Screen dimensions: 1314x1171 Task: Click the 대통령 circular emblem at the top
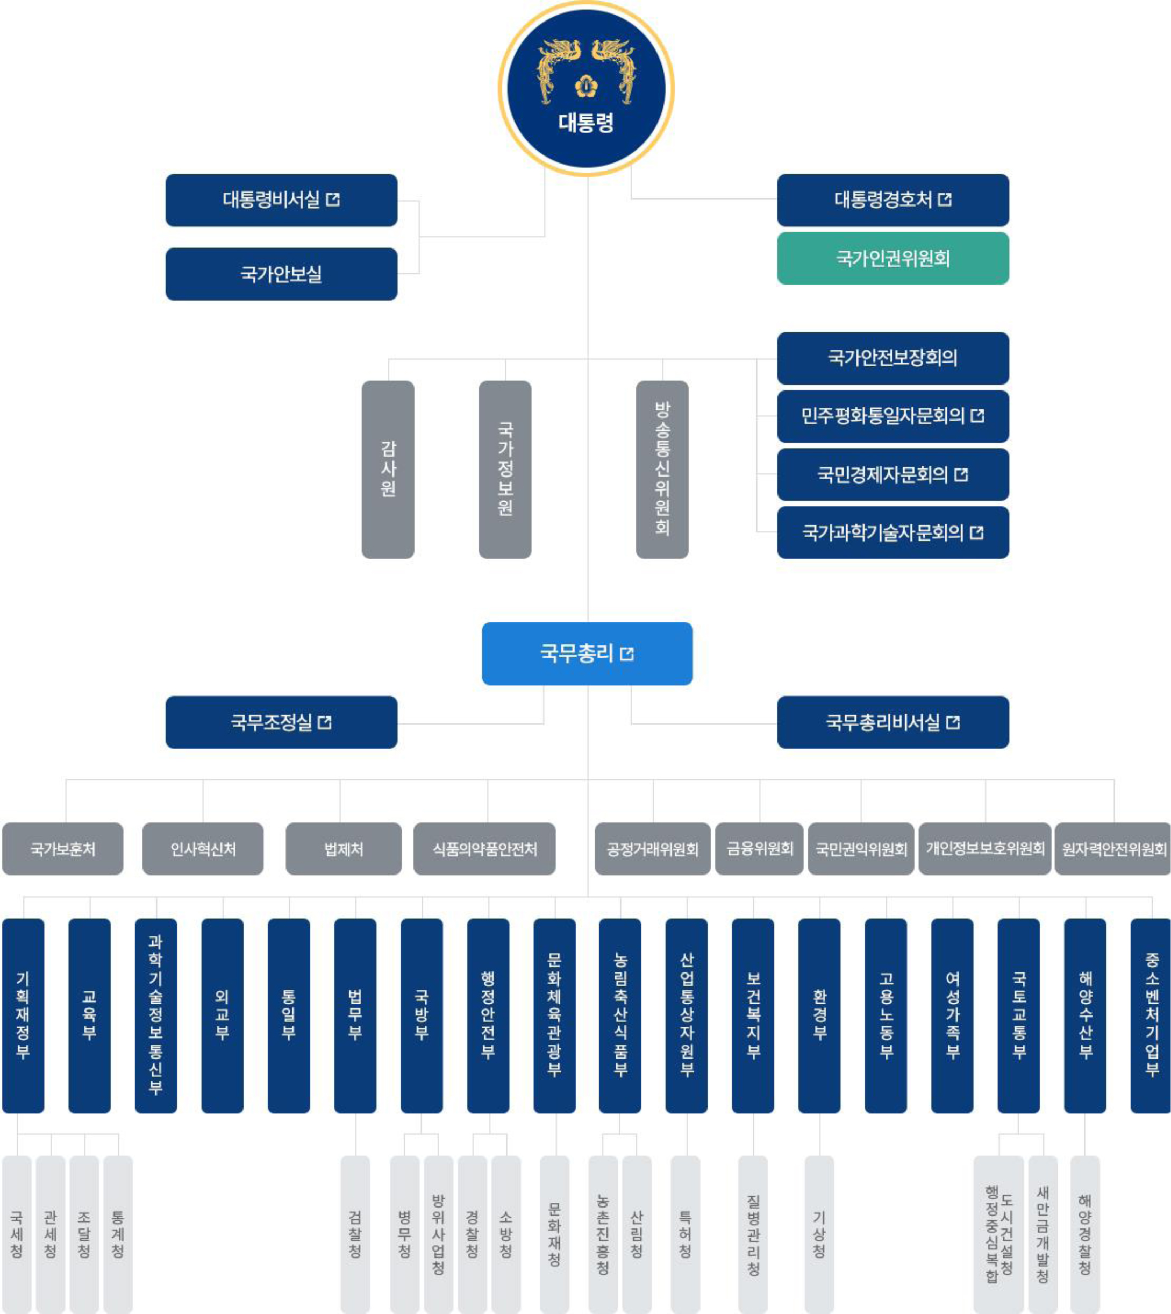pos(586,88)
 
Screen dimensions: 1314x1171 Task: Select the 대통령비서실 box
pos(281,200)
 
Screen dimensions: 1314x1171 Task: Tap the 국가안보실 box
pos(281,274)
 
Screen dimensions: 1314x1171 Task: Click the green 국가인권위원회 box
pos(892,259)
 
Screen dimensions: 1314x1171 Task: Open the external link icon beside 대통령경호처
pos(945,200)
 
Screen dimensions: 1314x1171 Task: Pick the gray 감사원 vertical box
pos(388,469)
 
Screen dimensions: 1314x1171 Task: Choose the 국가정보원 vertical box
pos(505,469)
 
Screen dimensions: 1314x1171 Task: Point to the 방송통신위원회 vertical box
pos(662,469)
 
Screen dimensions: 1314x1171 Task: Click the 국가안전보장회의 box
pos(892,358)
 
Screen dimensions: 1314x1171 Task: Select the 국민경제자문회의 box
pos(892,475)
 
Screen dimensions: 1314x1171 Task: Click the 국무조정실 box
pos(281,722)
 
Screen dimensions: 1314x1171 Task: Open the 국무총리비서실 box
pos(892,722)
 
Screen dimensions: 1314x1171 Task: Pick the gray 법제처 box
pos(344,849)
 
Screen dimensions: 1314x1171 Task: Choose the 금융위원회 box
pos(759,849)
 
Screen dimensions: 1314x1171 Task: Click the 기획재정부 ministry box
pos(23,1015)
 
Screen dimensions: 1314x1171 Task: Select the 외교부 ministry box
pos(222,1015)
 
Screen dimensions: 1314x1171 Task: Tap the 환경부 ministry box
pos(819,1015)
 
